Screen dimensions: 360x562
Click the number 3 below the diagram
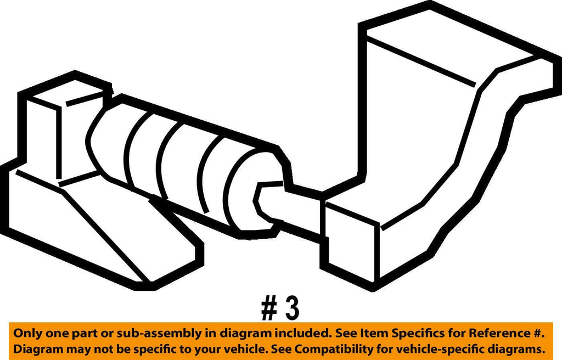point(292,308)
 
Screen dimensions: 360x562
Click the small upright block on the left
point(44,137)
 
